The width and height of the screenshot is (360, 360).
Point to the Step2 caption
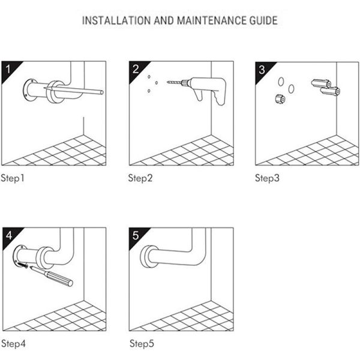click(x=141, y=178)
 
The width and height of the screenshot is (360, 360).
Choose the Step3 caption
click(x=268, y=178)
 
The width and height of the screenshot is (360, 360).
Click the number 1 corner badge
click(x=8, y=68)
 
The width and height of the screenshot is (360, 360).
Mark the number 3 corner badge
click(x=262, y=68)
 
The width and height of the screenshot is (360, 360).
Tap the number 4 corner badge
click(x=8, y=235)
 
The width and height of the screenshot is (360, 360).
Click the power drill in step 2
click(x=210, y=88)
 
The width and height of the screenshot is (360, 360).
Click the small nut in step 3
click(x=278, y=99)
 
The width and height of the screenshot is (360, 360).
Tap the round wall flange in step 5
click(x=146, y=257)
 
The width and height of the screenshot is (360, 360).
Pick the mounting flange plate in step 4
click(x=20, y=257)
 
